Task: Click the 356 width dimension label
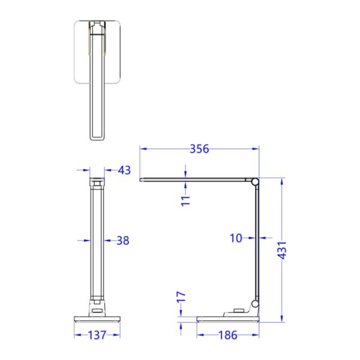[199, 149]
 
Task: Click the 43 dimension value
[124, 170]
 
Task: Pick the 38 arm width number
[123, 241]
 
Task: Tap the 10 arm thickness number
[236, 238]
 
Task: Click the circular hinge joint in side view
[256, 181]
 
